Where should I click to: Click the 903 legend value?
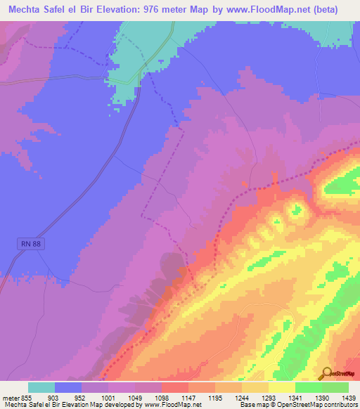(x=69, y=398)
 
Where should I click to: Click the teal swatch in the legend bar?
(x=41, y=387)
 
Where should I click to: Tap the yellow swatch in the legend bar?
(x=281, y=387)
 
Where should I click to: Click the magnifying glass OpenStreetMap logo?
(x=326, y=373)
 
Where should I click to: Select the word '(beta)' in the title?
(x=326, y=10)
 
